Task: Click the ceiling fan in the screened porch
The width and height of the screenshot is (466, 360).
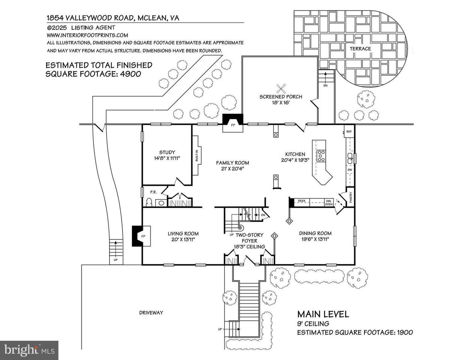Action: pyautogui.click(x=281, y=88)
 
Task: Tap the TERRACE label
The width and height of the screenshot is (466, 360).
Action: pyautogui.click(x=360, y=49)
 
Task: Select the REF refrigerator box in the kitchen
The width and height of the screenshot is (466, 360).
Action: pyautogui.click(x=349, y=131)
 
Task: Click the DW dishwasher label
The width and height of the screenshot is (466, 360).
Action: pyautogui.click(x=350, y=170)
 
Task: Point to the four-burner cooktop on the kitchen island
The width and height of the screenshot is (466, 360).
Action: pyautogui.click(x=321, y=156)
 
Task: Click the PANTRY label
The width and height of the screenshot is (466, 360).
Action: pyautogui.click(x=351, y=197)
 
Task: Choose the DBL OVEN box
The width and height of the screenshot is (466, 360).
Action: pyautogui.click(x=328, y=202)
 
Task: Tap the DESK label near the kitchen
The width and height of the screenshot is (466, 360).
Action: pyautogui.click(x=302, y=201)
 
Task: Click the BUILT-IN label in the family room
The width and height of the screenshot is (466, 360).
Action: pyautogui.click(x=197, y=156)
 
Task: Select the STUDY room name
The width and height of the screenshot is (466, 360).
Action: pyautogui.click(x=167, y=153)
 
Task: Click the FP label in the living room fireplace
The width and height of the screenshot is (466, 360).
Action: pyautogui.click(x=143, y=236)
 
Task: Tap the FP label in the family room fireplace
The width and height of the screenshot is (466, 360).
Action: pyautogui.click(x=233, y=125)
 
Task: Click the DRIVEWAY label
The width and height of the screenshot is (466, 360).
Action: pyautogui.click(x=151, y=313)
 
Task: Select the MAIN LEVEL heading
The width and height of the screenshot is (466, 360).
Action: pyautogui.click(x=323, y=314)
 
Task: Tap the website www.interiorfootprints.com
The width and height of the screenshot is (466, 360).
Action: pyautogui.click(x=87, y=35)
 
